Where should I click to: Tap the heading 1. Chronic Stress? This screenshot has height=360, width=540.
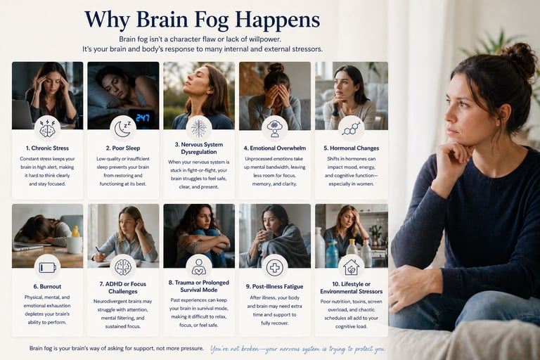pos(47,148)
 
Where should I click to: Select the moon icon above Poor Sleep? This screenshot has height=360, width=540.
pos(123,127)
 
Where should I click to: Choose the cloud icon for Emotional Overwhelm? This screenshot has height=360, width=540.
pos(274,127)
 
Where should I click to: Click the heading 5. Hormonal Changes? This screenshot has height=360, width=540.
pos(350,148)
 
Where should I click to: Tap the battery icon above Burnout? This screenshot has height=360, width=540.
pos(47,266)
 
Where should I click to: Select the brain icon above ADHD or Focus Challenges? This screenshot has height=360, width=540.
pos(123,266)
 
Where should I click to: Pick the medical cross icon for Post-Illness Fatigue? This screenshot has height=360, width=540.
pos(274,266)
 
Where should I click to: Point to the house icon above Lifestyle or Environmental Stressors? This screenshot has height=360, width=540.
pos(350,266)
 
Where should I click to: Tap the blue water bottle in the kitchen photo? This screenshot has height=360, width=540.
pos(332,254)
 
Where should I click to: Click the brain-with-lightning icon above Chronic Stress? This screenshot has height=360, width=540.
pos(47,128)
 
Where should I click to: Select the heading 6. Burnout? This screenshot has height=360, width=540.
pos(47,287)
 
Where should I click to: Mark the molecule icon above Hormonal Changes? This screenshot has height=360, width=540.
pos(350,127)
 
